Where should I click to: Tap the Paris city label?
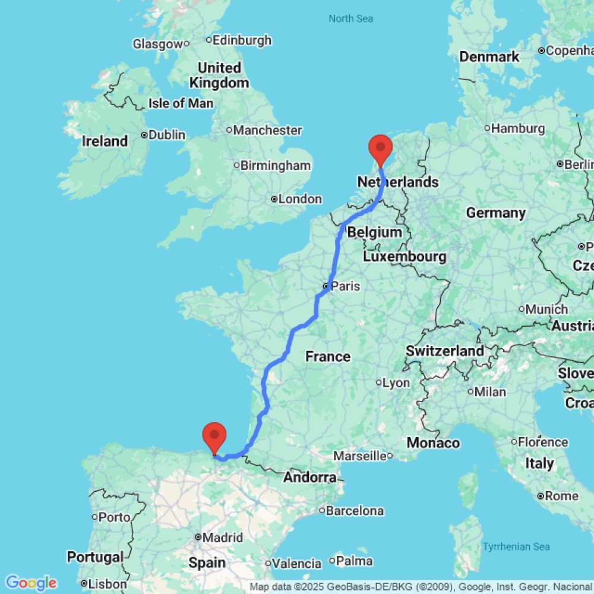point(345,286)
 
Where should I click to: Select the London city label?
point(300,199)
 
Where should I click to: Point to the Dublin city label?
point(167,135)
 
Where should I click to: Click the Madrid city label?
point(222,538)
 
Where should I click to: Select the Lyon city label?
point(396,383)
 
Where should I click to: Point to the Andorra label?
point(310,477)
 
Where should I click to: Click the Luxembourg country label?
point(405,257)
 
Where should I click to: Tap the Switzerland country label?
point(445,351)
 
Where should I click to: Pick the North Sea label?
point(351,19)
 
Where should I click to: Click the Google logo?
point(30,583)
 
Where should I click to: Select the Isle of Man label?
point(181,103)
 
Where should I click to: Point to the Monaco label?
point(433,443)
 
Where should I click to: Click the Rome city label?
point(561,496)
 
